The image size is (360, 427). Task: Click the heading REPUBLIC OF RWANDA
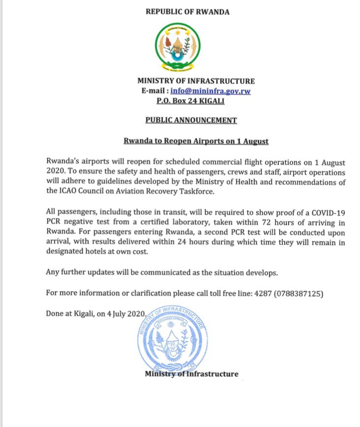point(187,11)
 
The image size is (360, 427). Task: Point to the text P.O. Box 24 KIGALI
point(186,101)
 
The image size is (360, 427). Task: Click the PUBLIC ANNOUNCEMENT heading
point(191,120)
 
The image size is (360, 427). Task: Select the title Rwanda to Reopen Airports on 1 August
point(196,141)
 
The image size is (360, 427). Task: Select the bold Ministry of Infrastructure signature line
point(191,374)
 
